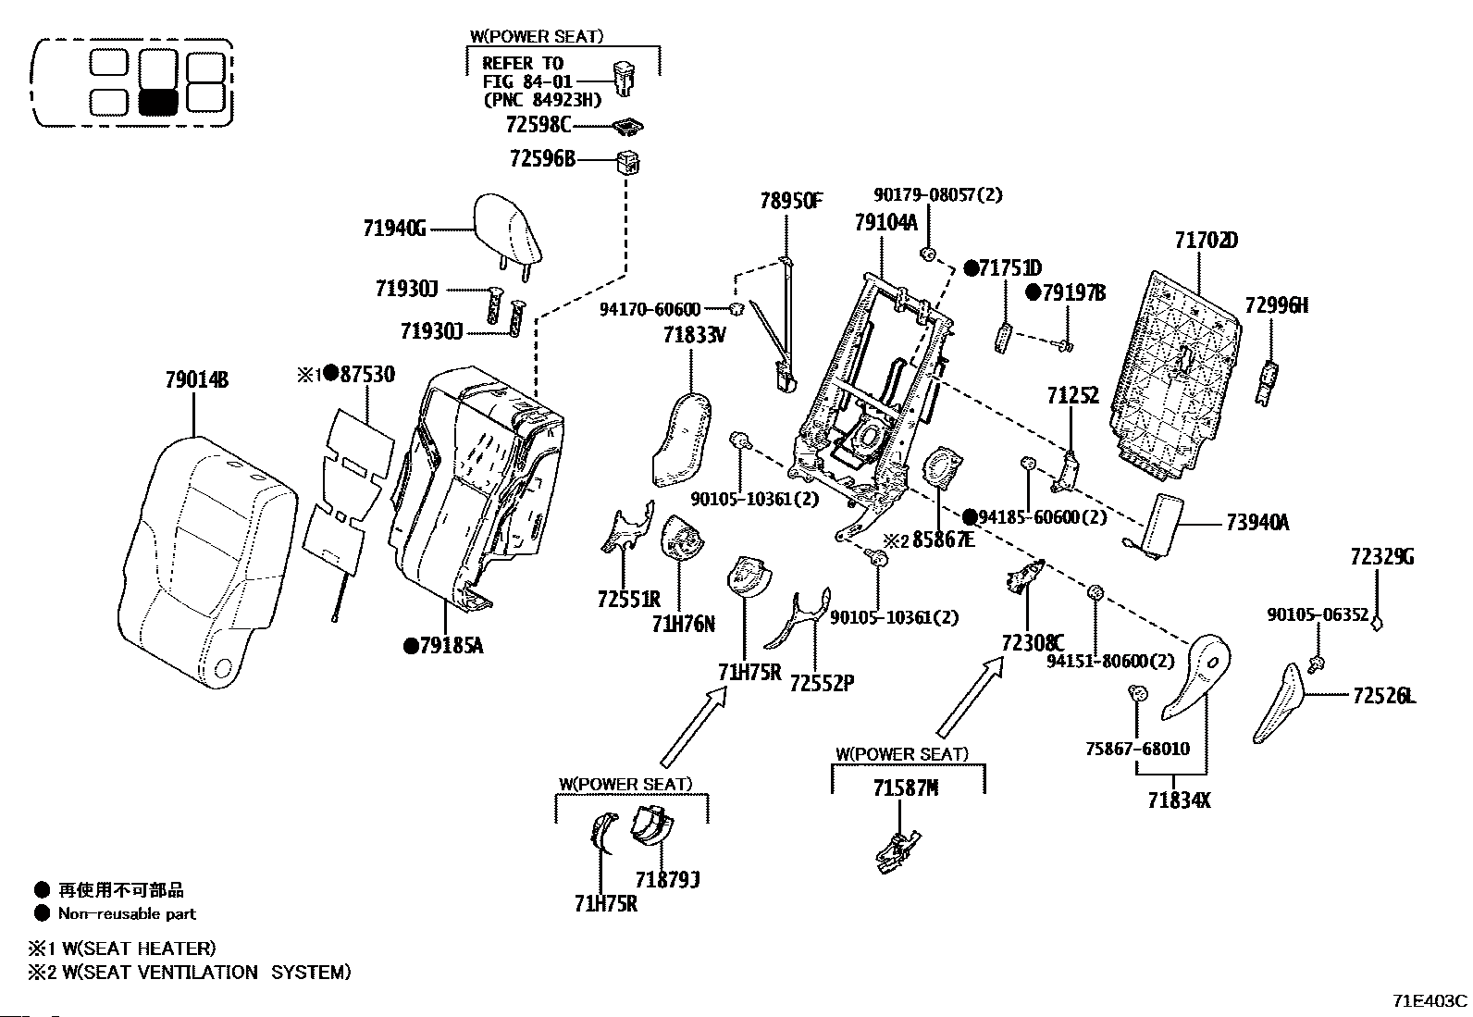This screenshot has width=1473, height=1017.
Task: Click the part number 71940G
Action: click(394, 229)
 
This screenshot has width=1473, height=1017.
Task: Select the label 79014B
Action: click(196, 379)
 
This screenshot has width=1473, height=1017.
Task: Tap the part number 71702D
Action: click(1206, 241)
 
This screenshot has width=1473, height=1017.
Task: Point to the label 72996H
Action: click(1276, 306)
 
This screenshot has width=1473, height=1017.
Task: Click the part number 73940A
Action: click(1256, 523)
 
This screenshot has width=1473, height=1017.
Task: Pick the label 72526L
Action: click(1383, 696)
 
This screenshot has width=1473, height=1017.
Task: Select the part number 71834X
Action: click(1178, 800)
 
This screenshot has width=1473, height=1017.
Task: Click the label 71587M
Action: click(905, 788)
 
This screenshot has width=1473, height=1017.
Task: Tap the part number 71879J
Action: click(666, 878)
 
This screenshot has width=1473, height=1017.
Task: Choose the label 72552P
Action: click(821, 683)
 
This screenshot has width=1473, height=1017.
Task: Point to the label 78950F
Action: click(790, 201)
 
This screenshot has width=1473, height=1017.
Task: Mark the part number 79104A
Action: click(885, 222)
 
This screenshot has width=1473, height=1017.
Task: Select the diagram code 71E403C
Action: click(1430, 1001)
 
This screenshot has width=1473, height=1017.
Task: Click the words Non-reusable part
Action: click(127, 914)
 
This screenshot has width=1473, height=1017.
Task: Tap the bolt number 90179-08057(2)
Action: click(936, 195)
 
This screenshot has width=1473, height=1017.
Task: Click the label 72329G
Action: click(1380, 557)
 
